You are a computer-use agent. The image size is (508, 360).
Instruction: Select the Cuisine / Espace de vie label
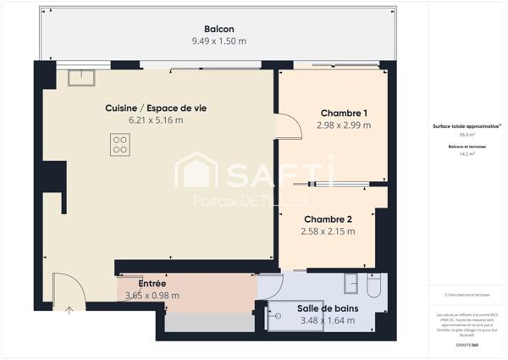pos(156,108)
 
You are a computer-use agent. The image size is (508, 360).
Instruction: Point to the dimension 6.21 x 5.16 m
pos(156,120)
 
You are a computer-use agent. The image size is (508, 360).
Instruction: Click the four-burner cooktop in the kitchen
pos(119,145)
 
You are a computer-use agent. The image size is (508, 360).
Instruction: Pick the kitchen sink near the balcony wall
pos(81,78)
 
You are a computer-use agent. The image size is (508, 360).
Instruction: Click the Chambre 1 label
pos(344,114)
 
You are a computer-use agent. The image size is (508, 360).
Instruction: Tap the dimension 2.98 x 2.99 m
pos(344,125)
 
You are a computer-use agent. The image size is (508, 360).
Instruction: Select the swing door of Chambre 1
pos(290,125)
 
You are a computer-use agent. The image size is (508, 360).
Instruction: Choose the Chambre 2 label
pos(327,219)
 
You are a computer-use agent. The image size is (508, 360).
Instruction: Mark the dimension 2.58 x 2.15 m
pos(327,230)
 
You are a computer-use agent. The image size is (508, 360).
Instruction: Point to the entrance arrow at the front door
pos(69,308)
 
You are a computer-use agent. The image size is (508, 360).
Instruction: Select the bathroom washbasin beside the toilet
pos(351,283)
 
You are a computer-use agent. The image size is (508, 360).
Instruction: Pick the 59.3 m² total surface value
pos(467,135)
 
